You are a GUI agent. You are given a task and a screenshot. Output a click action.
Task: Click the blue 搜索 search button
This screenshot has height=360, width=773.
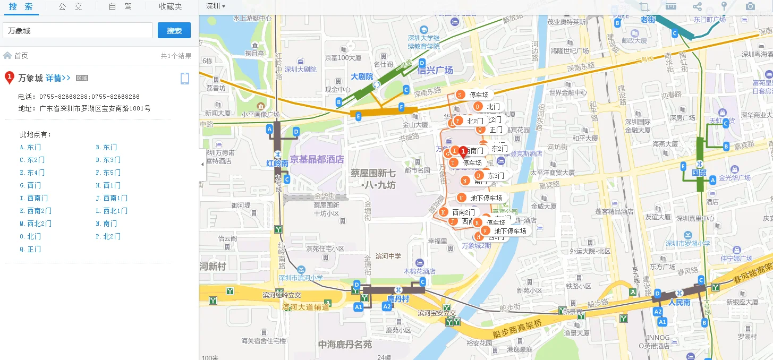tap(174, 31)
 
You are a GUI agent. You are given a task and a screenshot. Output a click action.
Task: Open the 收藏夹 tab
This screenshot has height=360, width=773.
tap(170, 7)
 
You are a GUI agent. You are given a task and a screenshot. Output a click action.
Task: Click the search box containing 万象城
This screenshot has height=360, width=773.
tap(78, 31)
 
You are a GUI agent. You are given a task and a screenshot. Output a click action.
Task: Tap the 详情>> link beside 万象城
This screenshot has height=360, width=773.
tap(58, 78)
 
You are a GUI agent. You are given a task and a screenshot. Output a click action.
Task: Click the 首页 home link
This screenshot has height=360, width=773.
tap(21, 56)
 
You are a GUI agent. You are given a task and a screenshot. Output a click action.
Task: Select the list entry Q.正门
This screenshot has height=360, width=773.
tap(30, 249)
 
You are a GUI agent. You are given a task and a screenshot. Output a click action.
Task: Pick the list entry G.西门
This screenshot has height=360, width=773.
tap(30, 185)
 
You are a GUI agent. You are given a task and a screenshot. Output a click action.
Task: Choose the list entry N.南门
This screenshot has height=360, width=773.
tap(106, 224)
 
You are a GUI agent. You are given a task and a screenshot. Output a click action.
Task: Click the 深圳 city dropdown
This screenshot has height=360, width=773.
tap(216, 6)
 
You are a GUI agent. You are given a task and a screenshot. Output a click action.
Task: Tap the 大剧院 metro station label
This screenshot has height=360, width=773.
tap(362, 76)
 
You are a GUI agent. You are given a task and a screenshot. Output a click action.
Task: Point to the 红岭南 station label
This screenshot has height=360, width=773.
tap(277, 164)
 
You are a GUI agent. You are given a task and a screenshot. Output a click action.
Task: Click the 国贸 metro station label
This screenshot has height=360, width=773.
tap(699, 173)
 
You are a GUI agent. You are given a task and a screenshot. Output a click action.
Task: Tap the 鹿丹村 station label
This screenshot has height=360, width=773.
tap(397, 299)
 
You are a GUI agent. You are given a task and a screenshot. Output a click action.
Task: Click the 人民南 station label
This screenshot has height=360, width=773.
tap(679, 303)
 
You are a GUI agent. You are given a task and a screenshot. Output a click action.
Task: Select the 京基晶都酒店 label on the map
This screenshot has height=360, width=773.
tap(317, 159)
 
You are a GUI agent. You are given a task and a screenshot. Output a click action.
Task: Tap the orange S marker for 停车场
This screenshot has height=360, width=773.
tap(461, 95)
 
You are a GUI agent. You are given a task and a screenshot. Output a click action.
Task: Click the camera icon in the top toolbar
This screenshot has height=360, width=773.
tap(750, 6)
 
